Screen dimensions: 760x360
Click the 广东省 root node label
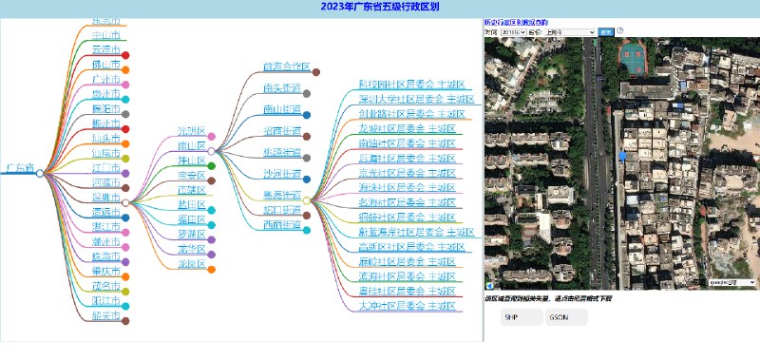click(19, 168)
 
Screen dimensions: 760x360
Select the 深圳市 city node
click(105, 197)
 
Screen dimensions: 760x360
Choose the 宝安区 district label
click(191, 175)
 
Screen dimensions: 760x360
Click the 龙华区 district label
click(191, 248)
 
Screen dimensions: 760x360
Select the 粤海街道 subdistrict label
click(282, 194)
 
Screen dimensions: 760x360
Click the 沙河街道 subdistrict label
click(282, 173)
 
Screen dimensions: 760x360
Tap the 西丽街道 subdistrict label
click(282, 225)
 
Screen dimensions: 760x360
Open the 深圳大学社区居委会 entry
click(416, 99)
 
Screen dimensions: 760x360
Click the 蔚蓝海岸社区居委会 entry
click(416, 232)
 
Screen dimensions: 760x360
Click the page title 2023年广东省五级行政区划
click(380, 8)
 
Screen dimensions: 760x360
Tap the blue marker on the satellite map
click(622, 155)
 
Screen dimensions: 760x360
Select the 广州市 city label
click(105, 79)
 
